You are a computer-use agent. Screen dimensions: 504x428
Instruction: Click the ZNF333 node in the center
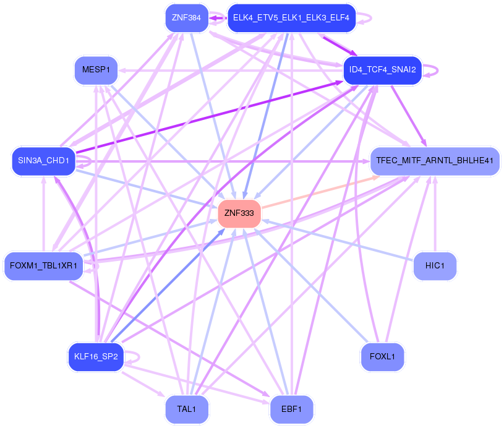(239, 213)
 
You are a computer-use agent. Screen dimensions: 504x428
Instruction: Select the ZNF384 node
(186, 17)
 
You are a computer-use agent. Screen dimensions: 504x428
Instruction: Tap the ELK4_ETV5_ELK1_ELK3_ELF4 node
(291, 17)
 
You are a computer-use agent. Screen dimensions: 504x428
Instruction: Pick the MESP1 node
(95, 70)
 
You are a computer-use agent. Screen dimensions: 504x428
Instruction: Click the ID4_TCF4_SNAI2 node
(382, 69)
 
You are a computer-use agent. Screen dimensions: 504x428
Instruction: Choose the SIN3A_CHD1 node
(43, 161)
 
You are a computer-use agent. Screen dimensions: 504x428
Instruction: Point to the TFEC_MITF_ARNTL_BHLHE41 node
(434, 161)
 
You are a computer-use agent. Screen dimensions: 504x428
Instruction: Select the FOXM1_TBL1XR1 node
(43, 266)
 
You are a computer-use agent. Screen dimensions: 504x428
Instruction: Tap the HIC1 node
(435, 265)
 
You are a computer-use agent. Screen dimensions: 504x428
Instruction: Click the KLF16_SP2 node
(96, 357)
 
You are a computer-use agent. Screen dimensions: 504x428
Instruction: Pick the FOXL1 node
(382, 357)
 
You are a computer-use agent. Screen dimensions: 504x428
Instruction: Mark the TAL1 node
(187, 409)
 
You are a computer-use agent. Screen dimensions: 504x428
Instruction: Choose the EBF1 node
(291, 409)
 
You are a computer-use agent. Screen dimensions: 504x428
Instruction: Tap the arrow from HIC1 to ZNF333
(340, 239)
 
